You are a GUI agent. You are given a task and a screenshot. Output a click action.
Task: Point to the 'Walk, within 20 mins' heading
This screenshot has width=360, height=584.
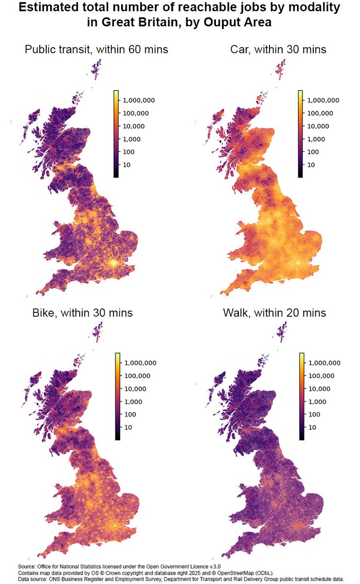click(279, 312)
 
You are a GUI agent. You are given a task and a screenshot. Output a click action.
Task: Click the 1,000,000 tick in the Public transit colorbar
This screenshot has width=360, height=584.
click(139, 100)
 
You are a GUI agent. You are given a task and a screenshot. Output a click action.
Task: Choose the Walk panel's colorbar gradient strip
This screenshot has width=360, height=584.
click(302, 396)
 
